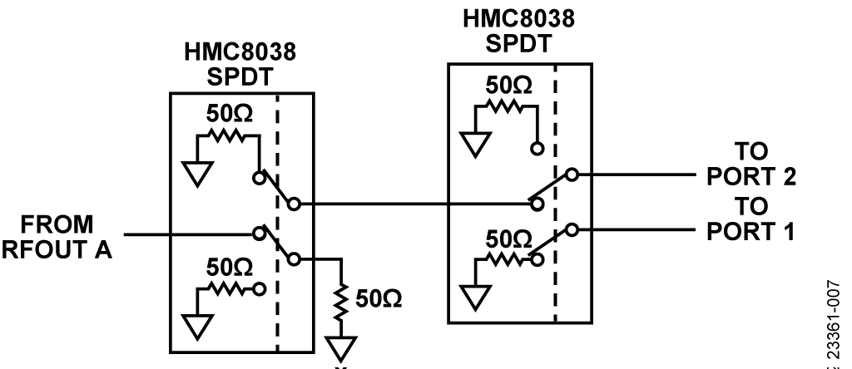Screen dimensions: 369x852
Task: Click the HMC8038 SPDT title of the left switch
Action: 240,63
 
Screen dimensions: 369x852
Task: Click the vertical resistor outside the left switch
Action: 341,303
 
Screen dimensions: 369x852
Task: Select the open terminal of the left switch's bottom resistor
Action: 258,293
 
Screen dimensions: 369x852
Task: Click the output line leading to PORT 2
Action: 632,175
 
